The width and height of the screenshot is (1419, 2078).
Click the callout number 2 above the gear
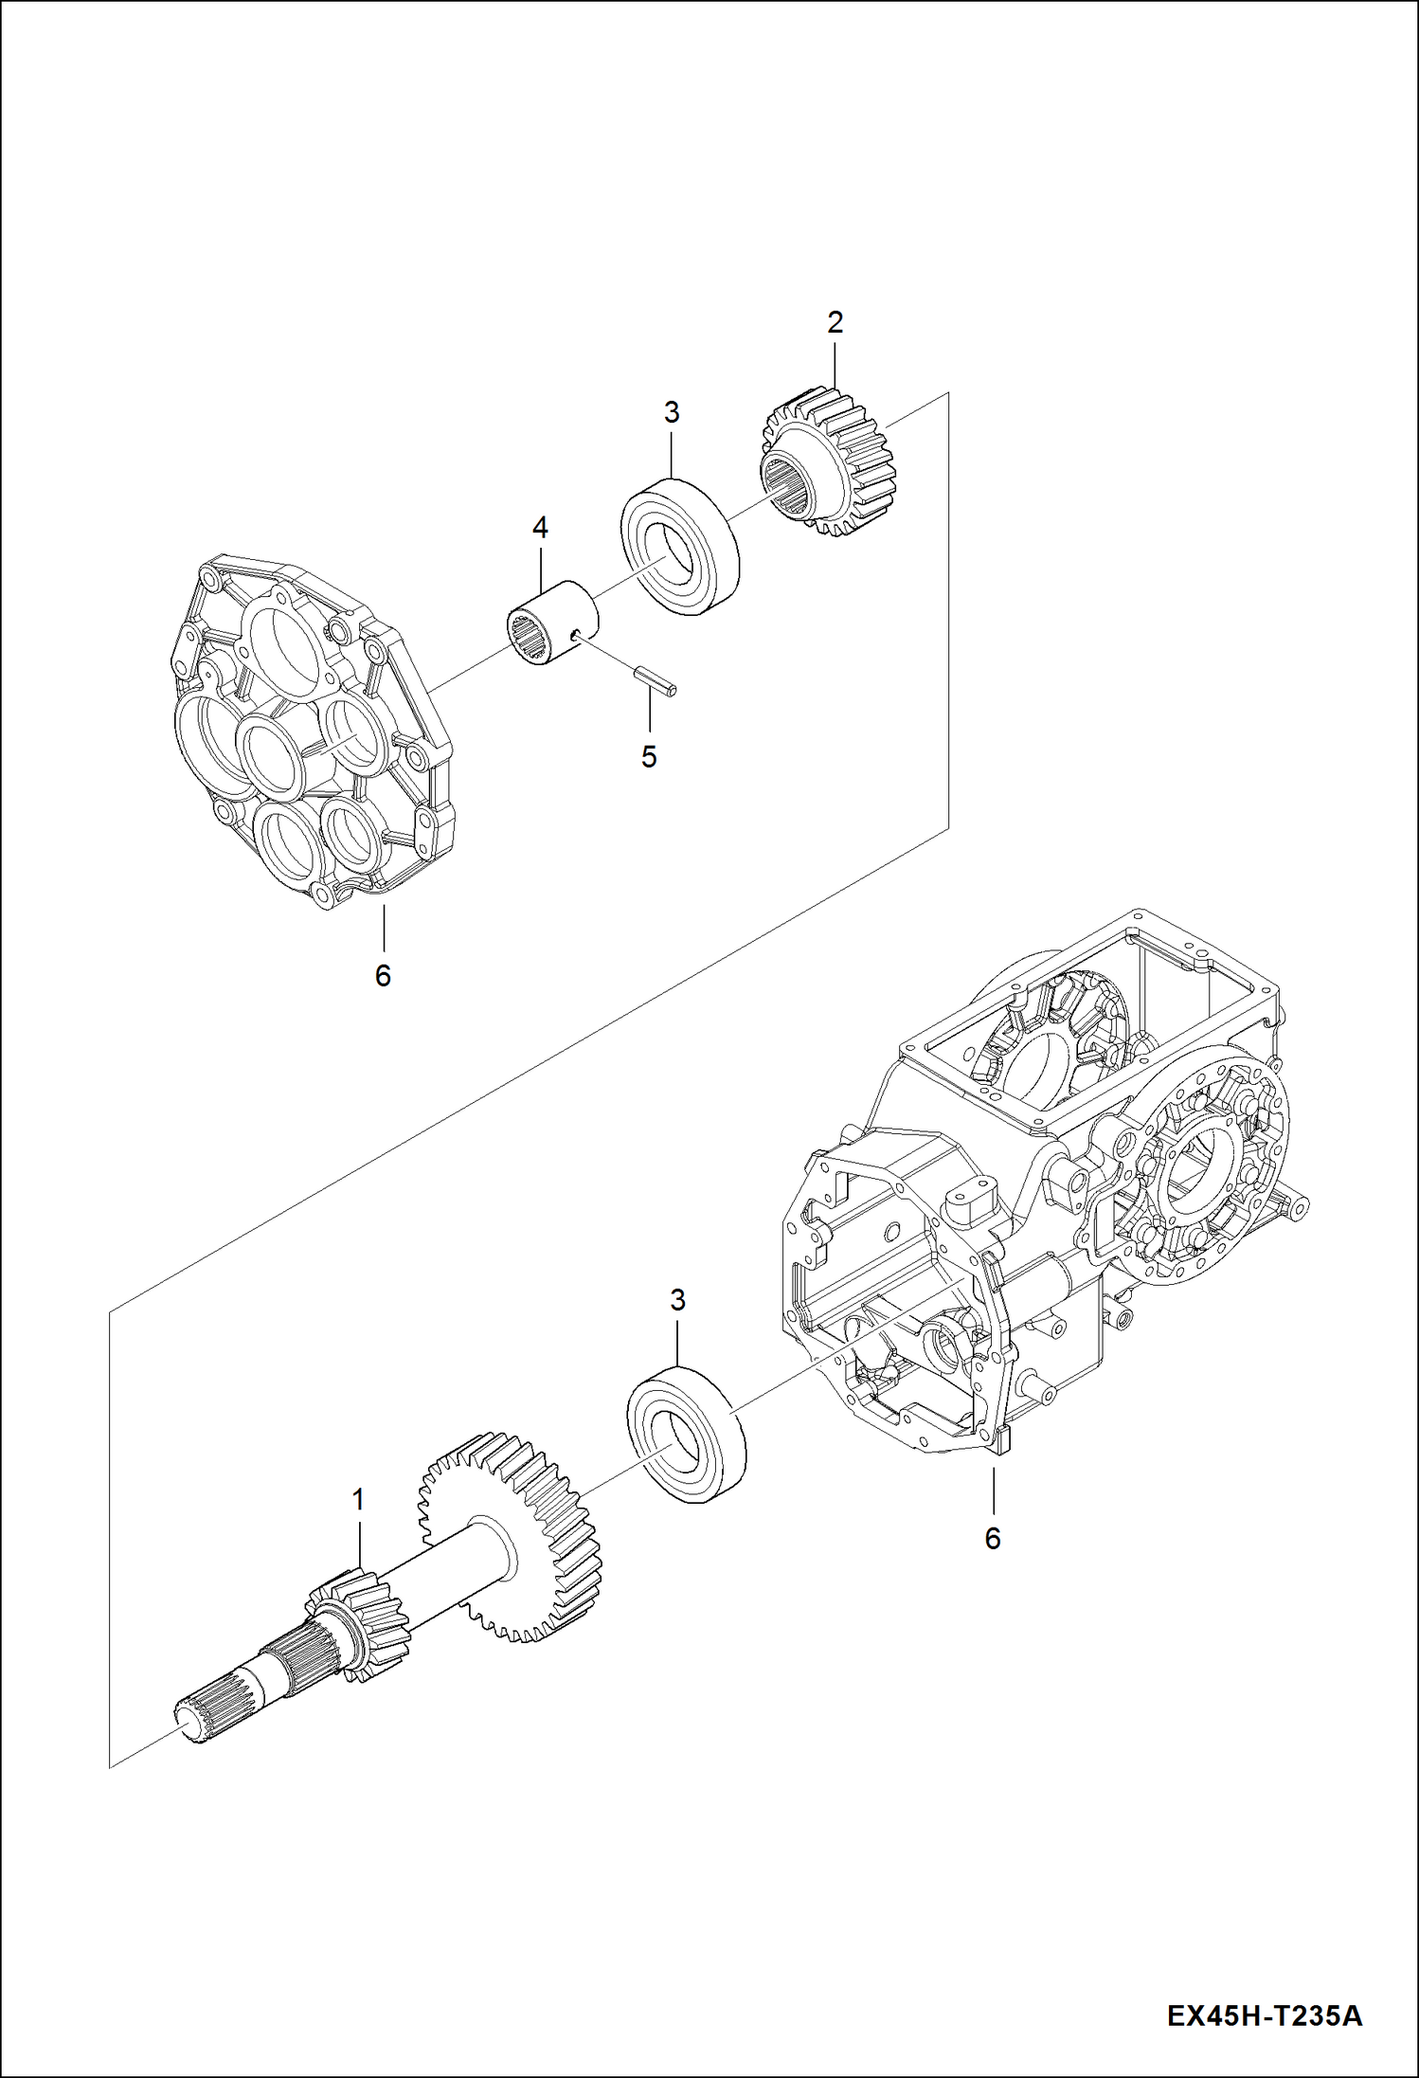coord(835,323)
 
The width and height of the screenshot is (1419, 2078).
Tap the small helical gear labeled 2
coord(828,464)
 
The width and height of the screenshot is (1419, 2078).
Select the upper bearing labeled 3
coord(679,548)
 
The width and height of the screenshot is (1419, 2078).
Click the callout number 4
coord(540,528)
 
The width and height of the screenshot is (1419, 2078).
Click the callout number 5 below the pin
coord(649,756)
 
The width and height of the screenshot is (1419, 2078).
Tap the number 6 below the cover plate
coord(383,975)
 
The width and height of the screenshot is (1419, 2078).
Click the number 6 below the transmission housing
coord(992,1538)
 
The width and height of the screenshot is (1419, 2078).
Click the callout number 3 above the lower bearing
coord(677,1301)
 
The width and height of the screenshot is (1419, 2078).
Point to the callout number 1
coord(358,1500)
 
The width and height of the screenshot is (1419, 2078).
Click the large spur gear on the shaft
coord(512,1536)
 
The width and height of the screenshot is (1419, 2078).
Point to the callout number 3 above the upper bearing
coord(671,413)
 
